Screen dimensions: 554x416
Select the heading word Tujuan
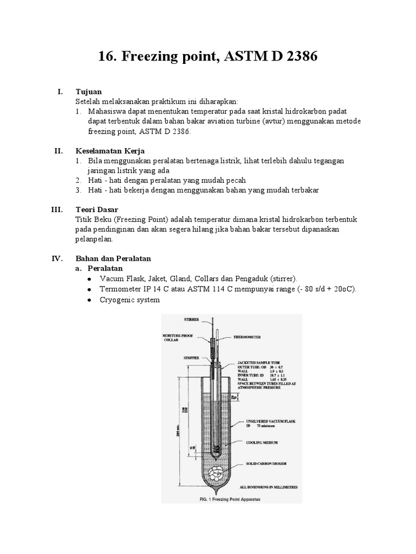[89, 92]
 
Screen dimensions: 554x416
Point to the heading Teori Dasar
[97, 209]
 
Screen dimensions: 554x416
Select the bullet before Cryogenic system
[89, 300]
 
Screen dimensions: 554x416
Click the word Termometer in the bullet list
[120, 289]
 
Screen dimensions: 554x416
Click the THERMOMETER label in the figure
[246, 337]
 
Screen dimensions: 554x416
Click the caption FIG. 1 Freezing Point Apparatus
[226, 499]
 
